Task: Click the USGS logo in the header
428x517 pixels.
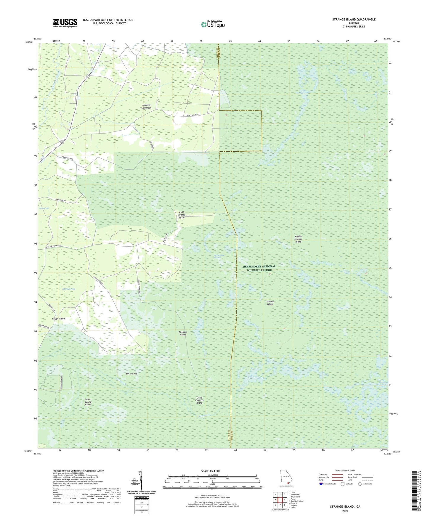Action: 65,23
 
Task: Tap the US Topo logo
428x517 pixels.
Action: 213,24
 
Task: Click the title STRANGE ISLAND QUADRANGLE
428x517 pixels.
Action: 354,20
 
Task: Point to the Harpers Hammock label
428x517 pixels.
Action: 146,107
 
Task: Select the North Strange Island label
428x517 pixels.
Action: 181,215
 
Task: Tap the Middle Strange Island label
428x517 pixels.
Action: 298,239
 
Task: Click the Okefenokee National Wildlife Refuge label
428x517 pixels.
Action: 259,268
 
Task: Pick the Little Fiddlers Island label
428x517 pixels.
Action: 199,400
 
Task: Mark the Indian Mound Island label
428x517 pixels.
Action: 88,402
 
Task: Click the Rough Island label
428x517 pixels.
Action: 58,319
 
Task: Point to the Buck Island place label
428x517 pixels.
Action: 132,374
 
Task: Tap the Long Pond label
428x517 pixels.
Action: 44,208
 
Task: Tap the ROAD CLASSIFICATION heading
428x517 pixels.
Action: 345,471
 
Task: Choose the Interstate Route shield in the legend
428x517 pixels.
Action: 321,484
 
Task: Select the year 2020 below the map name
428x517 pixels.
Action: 345,511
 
